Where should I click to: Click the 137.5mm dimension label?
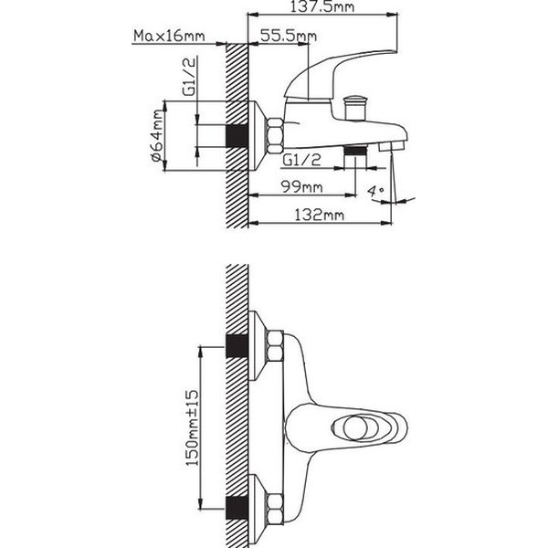(x=322, y=7)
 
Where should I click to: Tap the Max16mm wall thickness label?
(x=169, y=36)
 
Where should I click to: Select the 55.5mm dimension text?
(x=289, y=36)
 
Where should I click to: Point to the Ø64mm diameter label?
(x=157, y=135)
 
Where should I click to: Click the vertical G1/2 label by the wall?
(x=189, y=76)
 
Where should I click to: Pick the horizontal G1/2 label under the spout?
(x=301, y=160)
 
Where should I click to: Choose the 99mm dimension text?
(x=302, y=187)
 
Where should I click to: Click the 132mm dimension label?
(x=319, y=215)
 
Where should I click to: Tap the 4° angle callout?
(x=375, y=191)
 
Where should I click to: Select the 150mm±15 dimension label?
(x=192, y=428)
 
